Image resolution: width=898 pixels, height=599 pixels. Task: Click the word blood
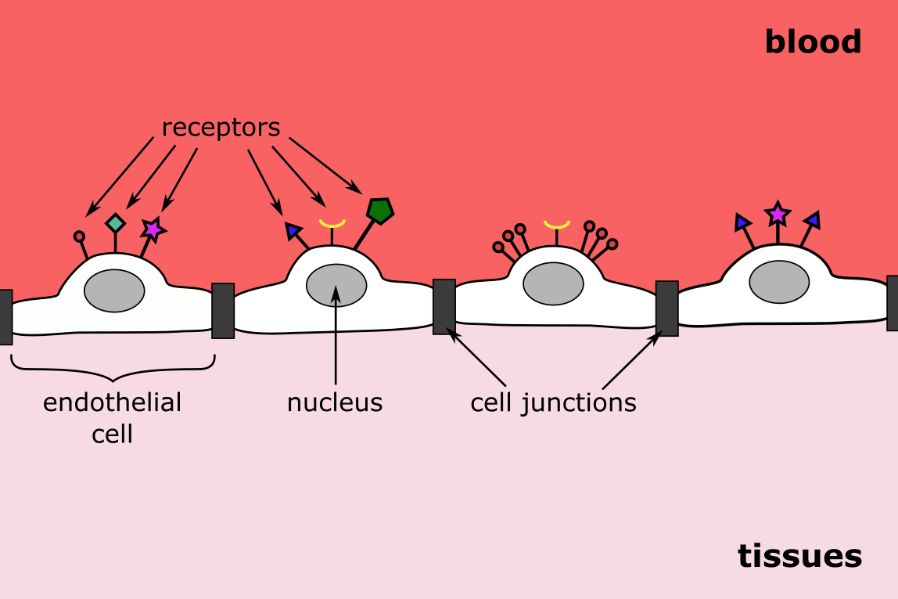[813, 42]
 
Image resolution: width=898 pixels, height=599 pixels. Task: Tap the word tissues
[799, 556]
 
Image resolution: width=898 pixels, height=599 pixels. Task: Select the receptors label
[221, 128]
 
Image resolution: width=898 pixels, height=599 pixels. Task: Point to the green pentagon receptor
[379, 211]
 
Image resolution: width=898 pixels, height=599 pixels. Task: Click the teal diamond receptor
[115, 223]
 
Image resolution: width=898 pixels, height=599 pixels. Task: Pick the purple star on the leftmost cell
[153, 229]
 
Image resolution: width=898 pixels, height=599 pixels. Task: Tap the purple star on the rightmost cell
[778, 214]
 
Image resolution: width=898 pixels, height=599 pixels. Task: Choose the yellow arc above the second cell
[332, 224]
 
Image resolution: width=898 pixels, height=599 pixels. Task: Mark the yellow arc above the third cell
[557, 225]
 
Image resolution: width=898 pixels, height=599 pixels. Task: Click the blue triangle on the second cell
[293, 230]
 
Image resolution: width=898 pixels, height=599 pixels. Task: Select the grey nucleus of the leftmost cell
[114, 290]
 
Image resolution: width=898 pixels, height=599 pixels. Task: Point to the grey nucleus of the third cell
[553, 283]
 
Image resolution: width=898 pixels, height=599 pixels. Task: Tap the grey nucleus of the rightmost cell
[779, 282]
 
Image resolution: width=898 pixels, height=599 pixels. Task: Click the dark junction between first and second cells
[223, 311]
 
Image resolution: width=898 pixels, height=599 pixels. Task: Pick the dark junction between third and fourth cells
[666, 309]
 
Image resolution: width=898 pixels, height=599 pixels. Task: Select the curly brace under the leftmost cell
[113, 368]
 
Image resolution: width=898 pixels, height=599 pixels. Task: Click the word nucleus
[335, 402]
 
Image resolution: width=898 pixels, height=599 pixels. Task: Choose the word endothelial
[112, 402]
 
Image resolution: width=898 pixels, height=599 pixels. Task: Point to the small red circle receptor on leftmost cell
[79, 236]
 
